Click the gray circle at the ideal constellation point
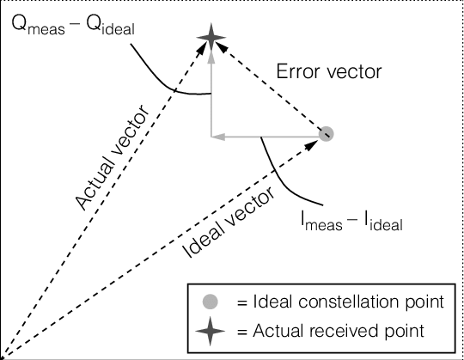tap(325, 134)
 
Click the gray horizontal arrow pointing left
tap(258, 135)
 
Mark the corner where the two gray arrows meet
tap(211, 135)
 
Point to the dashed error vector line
tap(270, 88)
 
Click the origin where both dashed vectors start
tap(3, 356)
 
